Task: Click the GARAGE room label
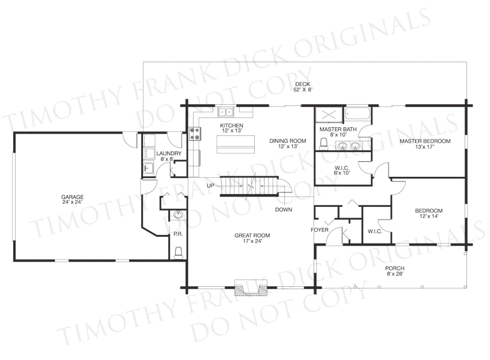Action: click(x=72, y=197)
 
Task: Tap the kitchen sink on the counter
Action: click(x=226, y=112)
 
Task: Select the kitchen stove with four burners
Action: click(x=195, y=134)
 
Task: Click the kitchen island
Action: click(x=236, y=144)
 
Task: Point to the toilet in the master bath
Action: click(x=323, y=143)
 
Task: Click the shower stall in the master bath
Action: click(x=329, y=115)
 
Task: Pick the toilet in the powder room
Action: click(x=178, y=253)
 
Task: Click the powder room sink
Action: click(x=178, y=215)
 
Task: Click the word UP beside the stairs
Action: click(x=210, y=186)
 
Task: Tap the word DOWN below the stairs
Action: click(x=284, y=210)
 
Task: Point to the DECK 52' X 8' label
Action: click(x=303, y=87)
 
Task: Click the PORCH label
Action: click(x=395, y=268)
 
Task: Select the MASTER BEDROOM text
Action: click(x=425, y=141)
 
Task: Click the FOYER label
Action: click(x=319, y=230)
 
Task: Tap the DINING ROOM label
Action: click(x=288, y=141)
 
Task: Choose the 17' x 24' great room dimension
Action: click(x=252, y=241)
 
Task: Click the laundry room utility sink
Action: click(x=148, y=168)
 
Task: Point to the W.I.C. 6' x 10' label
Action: click(x=342, y=170)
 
